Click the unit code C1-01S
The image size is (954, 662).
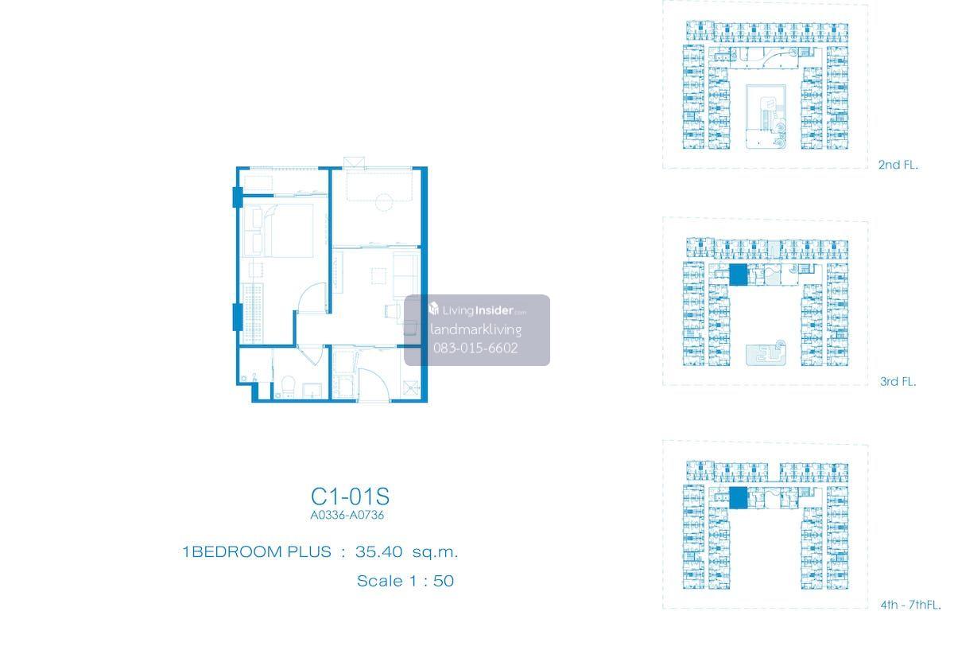[350, 496]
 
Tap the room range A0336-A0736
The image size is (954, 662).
[347, 515]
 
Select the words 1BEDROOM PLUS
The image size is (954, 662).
[257, 551]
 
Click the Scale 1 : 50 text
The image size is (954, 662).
[405, 581]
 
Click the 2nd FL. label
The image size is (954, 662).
[898, 165]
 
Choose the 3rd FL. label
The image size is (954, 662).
[898, 381]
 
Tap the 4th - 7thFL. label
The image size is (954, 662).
[910, 605]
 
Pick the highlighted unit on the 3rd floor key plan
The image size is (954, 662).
[738, 275]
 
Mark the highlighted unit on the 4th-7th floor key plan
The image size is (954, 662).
[738, 498]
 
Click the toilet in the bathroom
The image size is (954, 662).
[289, 386]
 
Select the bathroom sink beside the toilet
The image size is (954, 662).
[312, 391]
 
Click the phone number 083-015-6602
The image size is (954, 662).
[475, 349]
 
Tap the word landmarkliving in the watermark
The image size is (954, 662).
[475, 329]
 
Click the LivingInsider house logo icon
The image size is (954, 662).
[433, 308]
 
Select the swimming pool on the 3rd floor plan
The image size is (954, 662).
[766, 354]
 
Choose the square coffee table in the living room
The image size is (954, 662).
[378, 275]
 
